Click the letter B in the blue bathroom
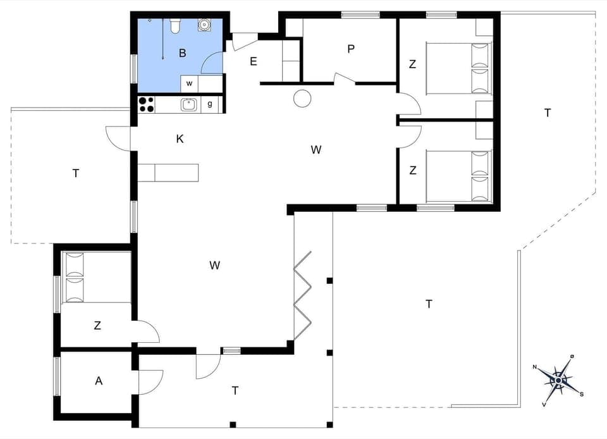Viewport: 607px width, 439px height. point(182,53)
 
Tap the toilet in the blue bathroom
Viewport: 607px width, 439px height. point(175,25)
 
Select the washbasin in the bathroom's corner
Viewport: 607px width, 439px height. point(204,25)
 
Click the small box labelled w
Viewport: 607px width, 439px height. point(189,83)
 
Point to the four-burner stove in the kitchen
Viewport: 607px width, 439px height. point(146,104)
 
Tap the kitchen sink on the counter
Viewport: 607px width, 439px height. point(189,104)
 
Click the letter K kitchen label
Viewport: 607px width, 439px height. point(180,139)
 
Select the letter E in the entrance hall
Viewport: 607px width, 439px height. point(254,61)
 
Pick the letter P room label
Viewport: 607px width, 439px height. point(350,49)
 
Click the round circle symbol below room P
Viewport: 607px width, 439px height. point(302,97)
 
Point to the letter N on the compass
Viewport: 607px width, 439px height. point(535,367)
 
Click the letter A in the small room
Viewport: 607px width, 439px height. point(98,381)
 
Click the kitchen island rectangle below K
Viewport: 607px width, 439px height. point(168,172)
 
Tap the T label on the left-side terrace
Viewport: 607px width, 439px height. point(76,173)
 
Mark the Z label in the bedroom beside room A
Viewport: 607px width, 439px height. point(97,326)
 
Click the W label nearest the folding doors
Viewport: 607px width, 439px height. point(215,265)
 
